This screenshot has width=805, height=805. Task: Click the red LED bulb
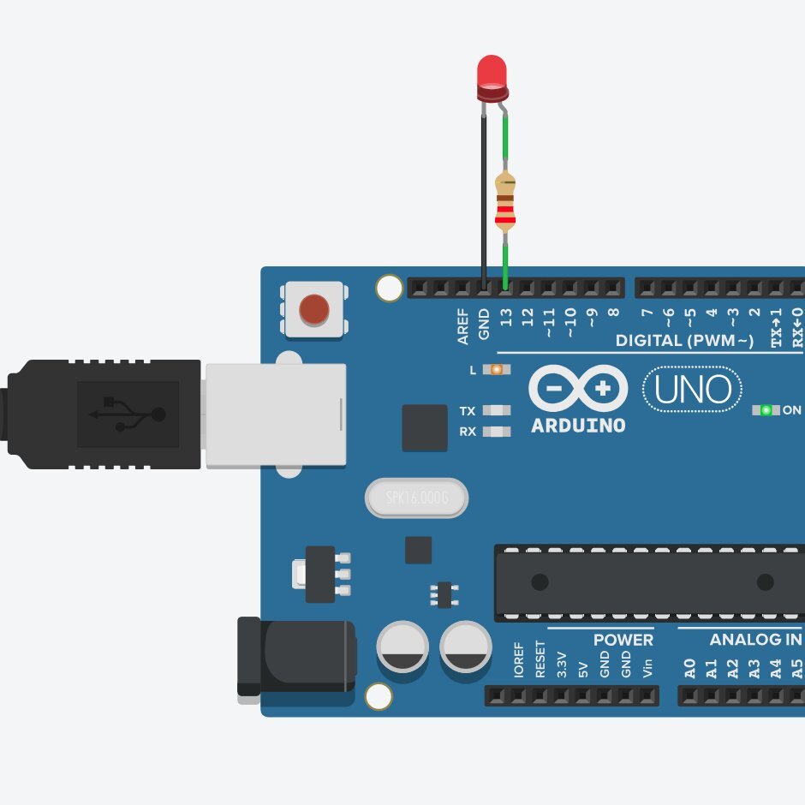coord(492,74)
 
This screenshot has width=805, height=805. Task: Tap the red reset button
coord(314,309)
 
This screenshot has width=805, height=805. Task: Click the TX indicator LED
coord(496,411)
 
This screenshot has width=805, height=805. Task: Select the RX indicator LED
coord(496,432)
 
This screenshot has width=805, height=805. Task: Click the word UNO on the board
coord(693,391)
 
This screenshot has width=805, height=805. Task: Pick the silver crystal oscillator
coord(417,498)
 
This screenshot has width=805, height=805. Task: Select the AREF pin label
coord(463,326)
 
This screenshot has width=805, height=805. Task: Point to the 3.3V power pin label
coord(562,665)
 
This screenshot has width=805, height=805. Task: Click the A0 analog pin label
coord(689,668)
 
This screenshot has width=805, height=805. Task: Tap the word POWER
coord(623,640)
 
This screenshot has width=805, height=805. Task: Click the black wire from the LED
coord(484,197)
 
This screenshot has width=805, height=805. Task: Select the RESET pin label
coord(540,659)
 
